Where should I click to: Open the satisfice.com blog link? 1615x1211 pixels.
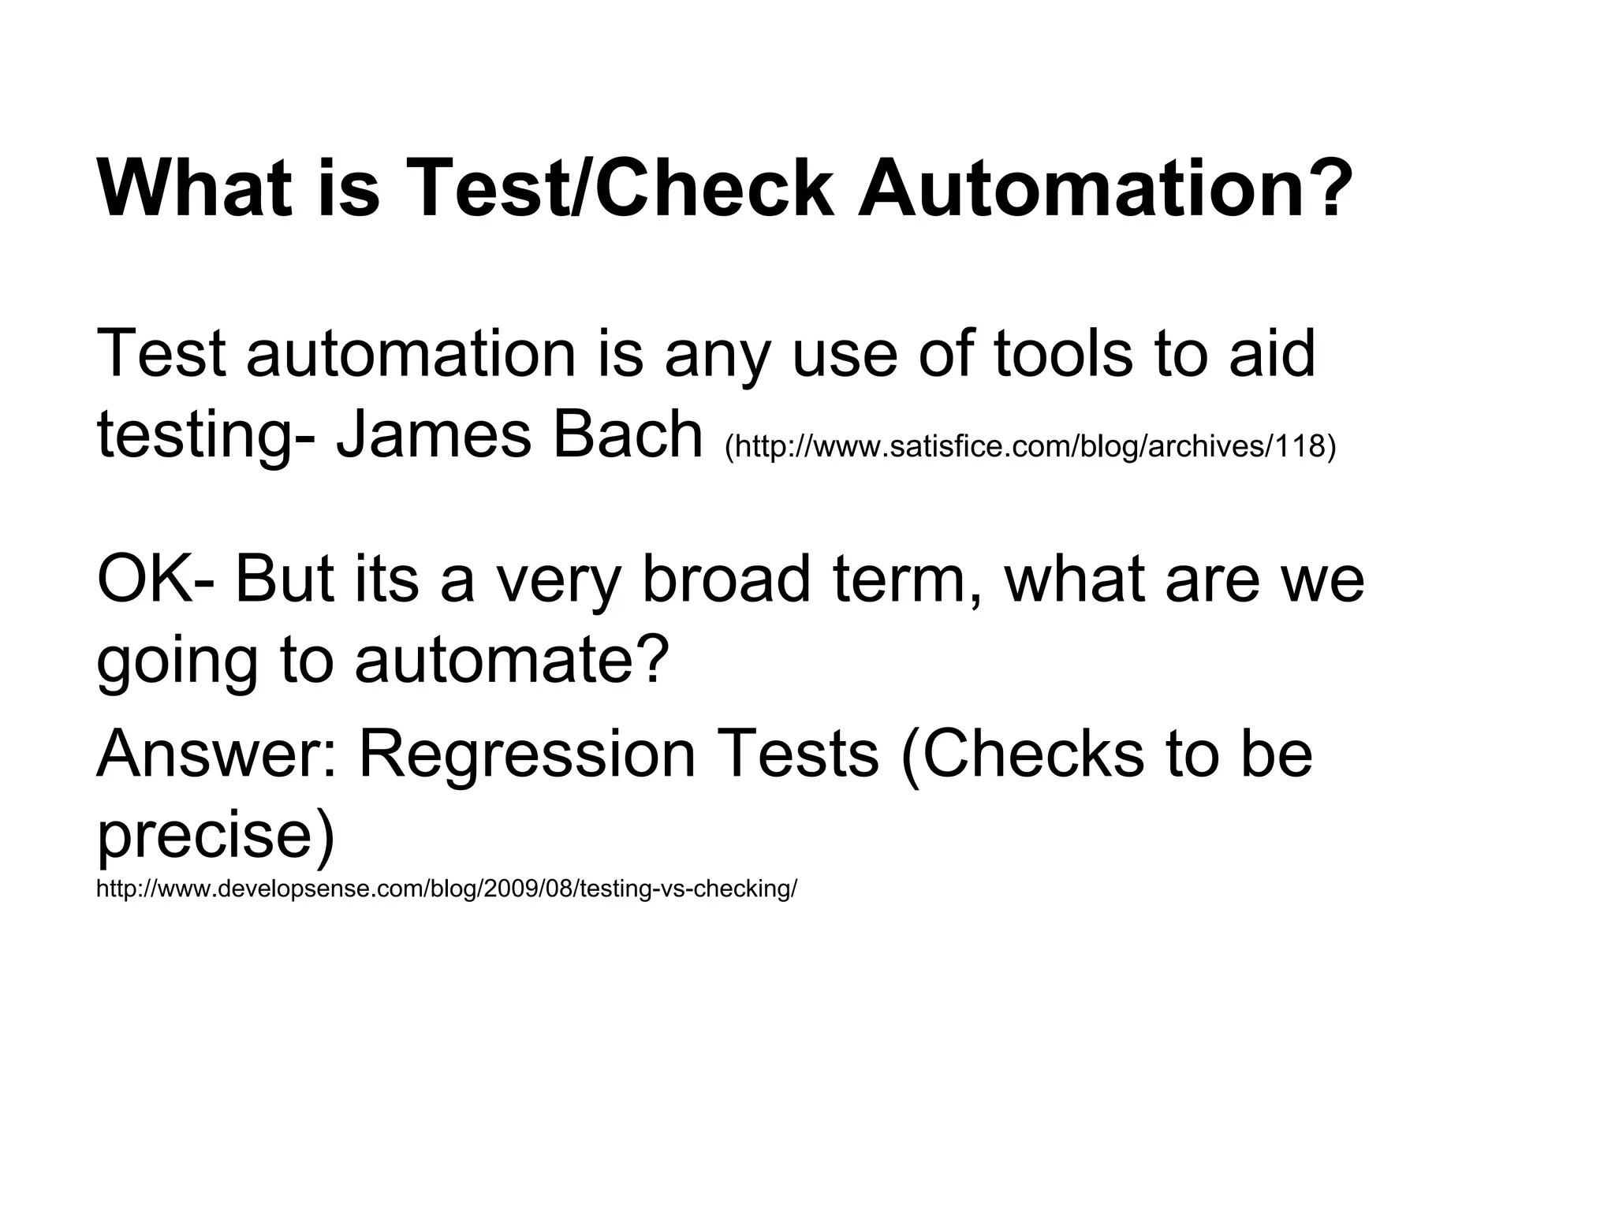point(1030,446)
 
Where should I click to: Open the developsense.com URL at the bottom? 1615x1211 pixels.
point(446,889)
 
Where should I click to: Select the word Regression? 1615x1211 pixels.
point(528,755)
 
